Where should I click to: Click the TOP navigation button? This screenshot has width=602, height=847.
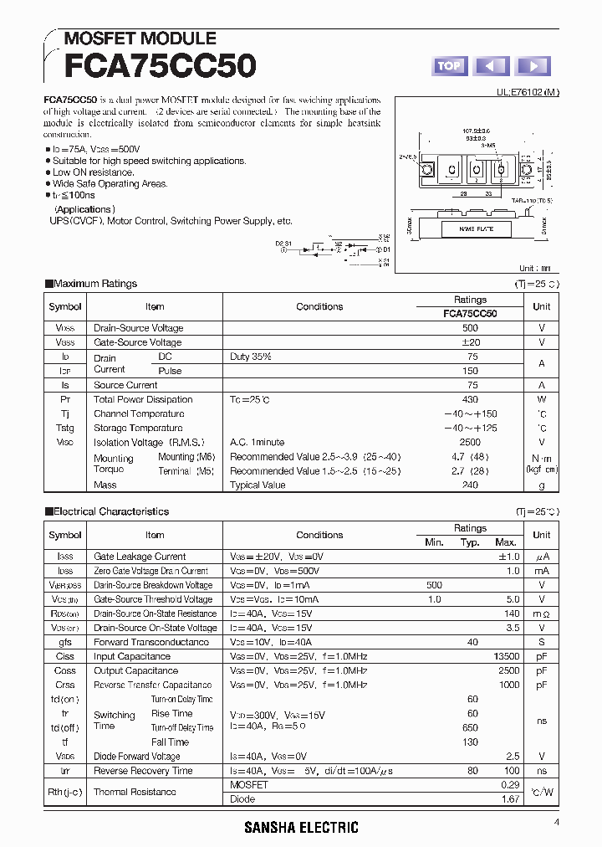pos(449,66)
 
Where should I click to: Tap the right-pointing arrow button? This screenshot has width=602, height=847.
pos(533,66)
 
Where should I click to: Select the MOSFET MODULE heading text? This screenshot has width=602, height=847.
pos(140,38)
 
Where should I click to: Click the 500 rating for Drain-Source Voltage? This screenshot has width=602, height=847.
pos(470,328)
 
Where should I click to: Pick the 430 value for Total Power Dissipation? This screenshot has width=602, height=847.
pos(470,399)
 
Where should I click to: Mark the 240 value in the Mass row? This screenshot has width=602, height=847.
pos(470,485)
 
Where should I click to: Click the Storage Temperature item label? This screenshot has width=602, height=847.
pos(139,428)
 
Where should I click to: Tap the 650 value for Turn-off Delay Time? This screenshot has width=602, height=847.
pos(472,727)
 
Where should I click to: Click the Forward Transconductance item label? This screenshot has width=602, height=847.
pos(151,642)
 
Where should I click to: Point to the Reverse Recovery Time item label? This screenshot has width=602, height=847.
pos(143,771)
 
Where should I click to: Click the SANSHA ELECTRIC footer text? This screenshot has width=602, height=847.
pos(301,828)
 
